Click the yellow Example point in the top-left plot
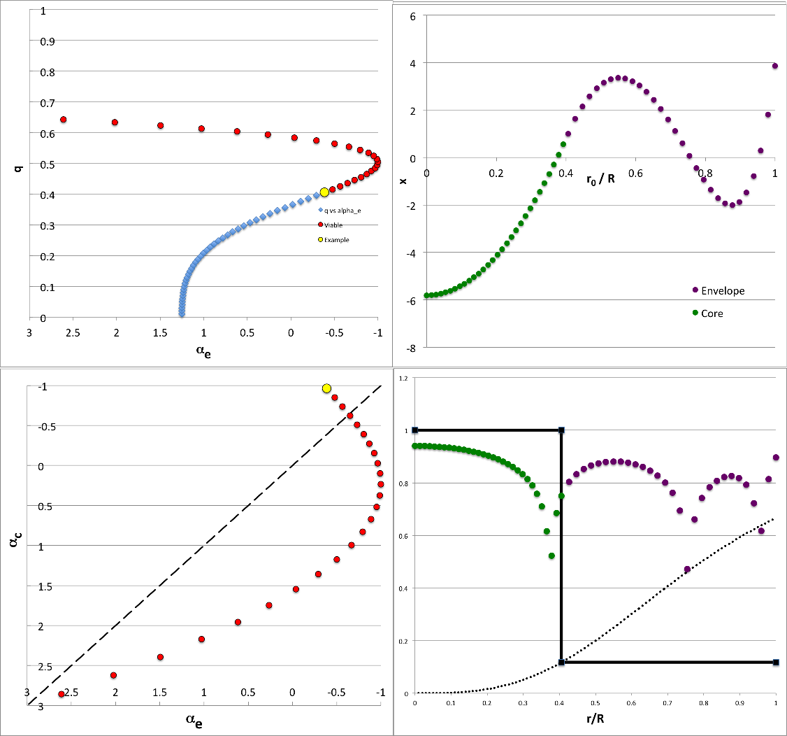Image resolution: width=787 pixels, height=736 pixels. click(324, 192)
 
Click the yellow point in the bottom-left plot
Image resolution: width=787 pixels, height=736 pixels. click(326, 388)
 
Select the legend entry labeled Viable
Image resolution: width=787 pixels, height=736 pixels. click(333, 225)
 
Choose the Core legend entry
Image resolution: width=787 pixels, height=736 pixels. click(712, 313)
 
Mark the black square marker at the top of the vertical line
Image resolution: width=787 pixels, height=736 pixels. click(561, 430)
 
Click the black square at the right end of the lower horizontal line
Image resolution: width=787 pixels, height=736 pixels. click(776, 662)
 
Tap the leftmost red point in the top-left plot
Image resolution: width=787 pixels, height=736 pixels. click(63, 120)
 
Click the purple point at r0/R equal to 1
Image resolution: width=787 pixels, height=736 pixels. click(775, 66)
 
